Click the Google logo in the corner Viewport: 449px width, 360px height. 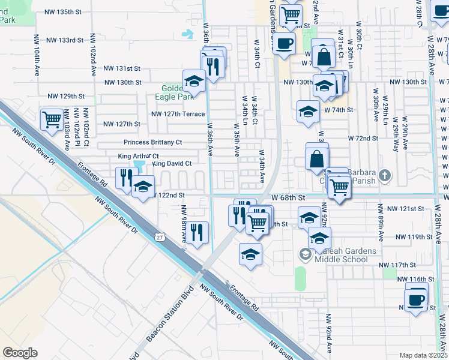(x=20, y=353)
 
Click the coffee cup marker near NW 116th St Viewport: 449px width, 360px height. (x=415, y=299)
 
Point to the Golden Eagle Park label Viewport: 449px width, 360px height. (x=177, y=91)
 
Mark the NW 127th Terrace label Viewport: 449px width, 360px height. (x=178, y=113)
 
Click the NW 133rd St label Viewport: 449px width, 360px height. (x=65, y=40)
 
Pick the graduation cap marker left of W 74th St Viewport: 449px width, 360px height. (x=308, y=110)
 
